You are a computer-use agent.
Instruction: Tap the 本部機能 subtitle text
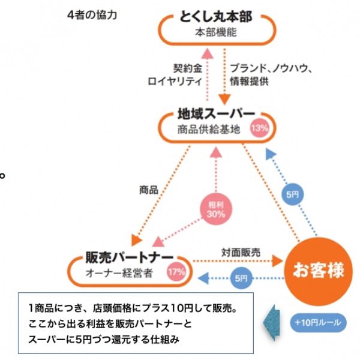point(216,32)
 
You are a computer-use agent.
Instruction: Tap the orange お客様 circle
point(319,271)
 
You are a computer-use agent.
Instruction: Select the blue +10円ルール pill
point(317,322)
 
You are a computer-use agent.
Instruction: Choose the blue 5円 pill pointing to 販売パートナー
point(240,278)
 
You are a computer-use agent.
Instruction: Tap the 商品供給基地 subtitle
point(208,128)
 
